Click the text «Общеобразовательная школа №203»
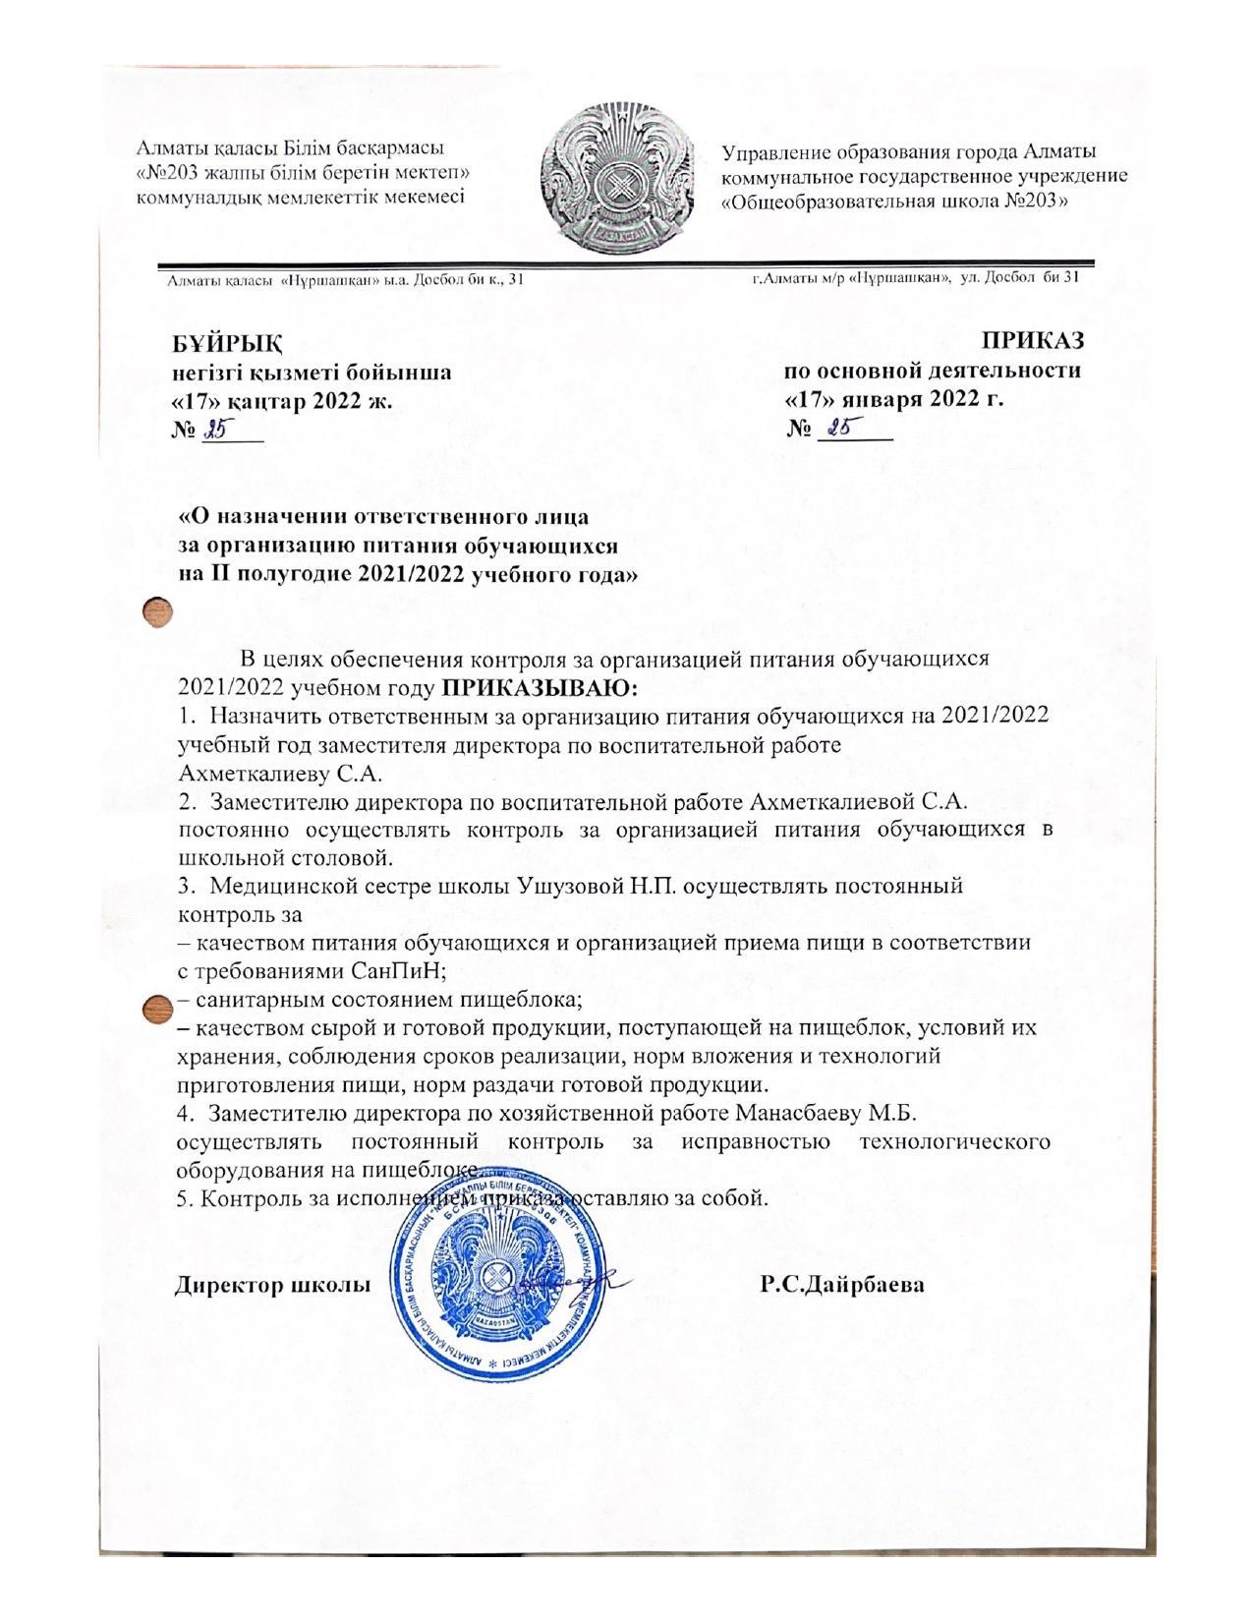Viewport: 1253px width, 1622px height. pyautogui.click(x=894, y=201)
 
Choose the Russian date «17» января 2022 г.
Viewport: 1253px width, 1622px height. pyautogui.click(x=892, y=399)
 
